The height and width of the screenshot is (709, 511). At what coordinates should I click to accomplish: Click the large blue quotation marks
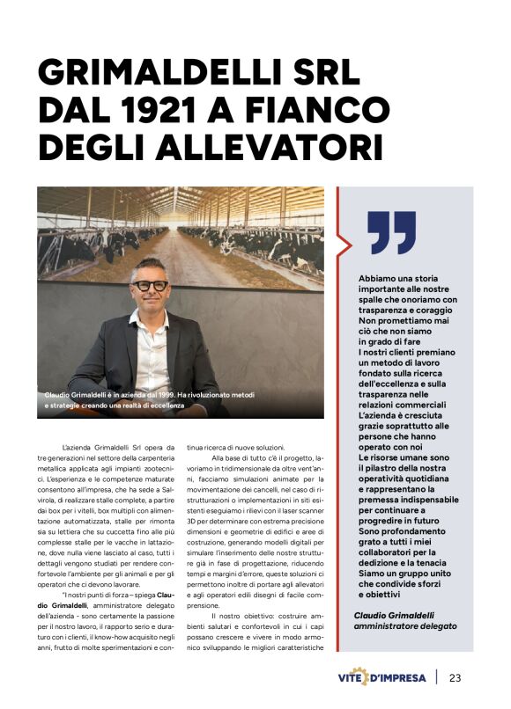(391, 231)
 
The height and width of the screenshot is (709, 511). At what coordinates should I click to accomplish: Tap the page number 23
(455, 677)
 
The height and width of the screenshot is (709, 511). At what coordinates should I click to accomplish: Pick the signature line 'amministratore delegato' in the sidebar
(405, 625)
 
